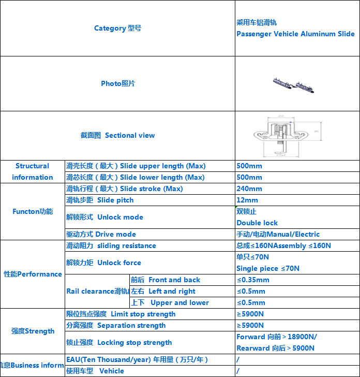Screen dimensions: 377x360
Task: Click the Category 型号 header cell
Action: (x=117, y=28)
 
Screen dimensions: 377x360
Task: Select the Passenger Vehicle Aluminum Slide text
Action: (x=295, y=34)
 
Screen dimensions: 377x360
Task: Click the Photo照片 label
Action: (x=117, y=83)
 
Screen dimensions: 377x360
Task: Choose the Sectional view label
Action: (x=117, y=135)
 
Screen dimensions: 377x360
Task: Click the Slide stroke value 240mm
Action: (x=249, y=189)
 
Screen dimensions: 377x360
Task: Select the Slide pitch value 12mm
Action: (x=247, y=200)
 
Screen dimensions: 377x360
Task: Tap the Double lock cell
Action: (x=257, y=223)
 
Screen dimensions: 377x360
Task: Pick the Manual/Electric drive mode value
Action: (x=278, y=234)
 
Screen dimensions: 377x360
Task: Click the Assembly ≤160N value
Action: (x=283, y=245)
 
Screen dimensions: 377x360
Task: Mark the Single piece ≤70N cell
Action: (x=267, y=268)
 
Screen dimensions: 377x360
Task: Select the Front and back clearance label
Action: (x=165, y=280)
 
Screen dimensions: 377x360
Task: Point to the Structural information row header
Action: (x=32, y=171)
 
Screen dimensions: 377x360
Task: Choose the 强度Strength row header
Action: (x=32, y=331)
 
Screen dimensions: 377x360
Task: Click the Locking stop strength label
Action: (x=119, y=342)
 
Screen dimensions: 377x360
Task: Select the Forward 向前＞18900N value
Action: (x=276, y=337)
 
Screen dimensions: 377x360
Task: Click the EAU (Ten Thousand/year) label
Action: (x=137, y=359)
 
